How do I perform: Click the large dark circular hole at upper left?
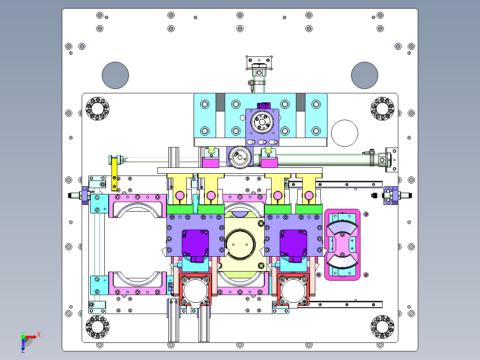(x=115, y=75)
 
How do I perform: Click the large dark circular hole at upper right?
(x=365, y=75)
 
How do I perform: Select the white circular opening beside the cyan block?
(x=345, y=133)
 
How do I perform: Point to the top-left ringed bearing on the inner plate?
(x=97, y=109)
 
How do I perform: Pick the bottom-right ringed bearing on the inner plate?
(x=383, y=327)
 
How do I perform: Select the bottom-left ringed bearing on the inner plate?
(x=97, y=327)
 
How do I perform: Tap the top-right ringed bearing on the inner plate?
(x=383, y=109)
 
